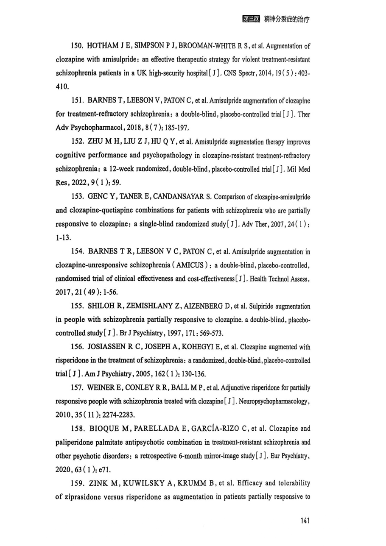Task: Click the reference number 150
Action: click(x=78, y=45)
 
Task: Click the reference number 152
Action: click(x=78, y=142)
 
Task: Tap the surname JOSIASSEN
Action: click(x=112, y=347)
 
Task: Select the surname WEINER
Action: click(x=102, y=388)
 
